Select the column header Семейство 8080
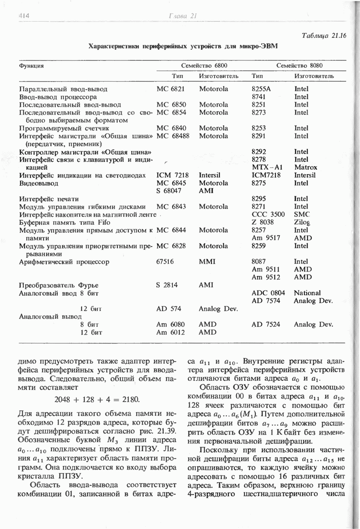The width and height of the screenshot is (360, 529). tap(300, 65)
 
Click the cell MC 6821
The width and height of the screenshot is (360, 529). tap(170, 89)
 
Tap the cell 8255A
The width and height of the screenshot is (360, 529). tap(260, 89)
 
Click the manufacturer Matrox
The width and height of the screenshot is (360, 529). tap(305, 168)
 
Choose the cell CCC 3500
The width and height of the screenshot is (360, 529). tap(268, 215)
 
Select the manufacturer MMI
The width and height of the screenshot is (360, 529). tap(206, 262)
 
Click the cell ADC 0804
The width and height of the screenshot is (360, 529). tap(268, 293)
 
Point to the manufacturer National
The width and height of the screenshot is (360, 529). tap(307, 293)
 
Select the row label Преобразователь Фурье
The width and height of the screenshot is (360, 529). tap(59, 285)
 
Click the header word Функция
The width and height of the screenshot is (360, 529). tap(31, 66)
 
